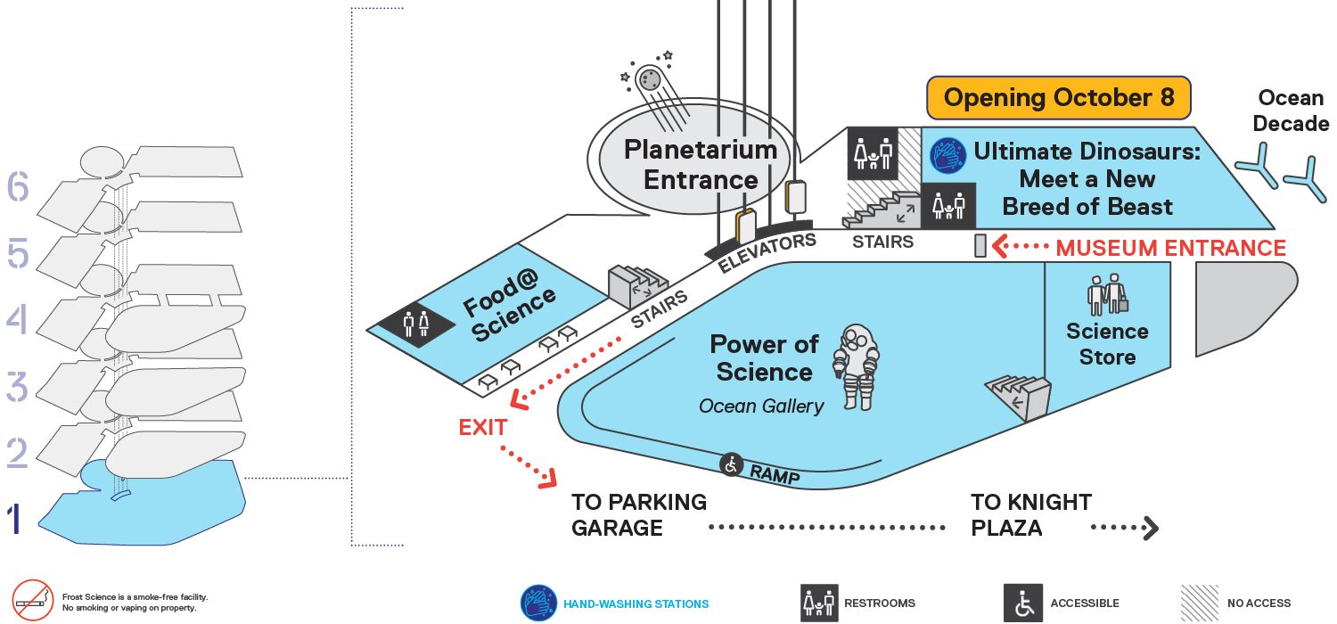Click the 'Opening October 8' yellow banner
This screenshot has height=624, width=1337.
pyautogui.click(x=1058, y=97)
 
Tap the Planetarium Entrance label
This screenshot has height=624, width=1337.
pyautogui.click(x=700, y=165)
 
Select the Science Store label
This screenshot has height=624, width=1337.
pyautogui.click(x=1107, y=344)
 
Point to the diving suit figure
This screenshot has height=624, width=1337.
pyautogui.click(x=857, y=367)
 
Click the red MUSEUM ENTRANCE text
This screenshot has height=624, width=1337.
pyautogui.click(x=1170, y=248)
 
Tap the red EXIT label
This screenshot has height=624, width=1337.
pyautogui.click(x=483, y=428)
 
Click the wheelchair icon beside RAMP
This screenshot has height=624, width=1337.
pyautogui.click(x=731, y=464)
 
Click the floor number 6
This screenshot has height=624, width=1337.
pyautogui.click(x=18, y=185)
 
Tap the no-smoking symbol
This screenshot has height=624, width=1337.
pyautogui.click(x=33, y=600)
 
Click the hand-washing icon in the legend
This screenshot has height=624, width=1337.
pyautogui.click(x=538, y=603)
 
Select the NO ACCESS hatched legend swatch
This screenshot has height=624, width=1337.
pyautogui.click(x=1199, y=603)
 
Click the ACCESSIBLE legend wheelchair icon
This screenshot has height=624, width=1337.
pyautogui.click(x=1023, y=603)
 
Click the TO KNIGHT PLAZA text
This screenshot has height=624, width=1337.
pyautogui.click(x=1030, y=515)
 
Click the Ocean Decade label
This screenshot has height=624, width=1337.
pyautogui.click(x=1291, y=111)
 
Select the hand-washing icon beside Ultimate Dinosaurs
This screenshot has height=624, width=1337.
pyautogui.click(x=947, y=155)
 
